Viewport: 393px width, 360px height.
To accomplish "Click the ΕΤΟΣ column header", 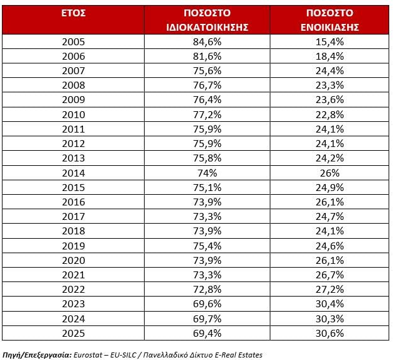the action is [x=74, y=13].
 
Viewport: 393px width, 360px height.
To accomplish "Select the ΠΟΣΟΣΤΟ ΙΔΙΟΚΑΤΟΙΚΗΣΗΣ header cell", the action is [x=208, y=20].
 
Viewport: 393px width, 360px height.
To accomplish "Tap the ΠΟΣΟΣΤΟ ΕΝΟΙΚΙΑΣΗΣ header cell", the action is [x=329, y=20].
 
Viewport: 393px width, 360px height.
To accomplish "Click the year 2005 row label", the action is [x=74, y=42].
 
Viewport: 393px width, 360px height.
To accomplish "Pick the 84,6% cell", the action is [x=208, y=42].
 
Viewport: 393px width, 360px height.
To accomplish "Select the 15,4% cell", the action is [x=329, y=42].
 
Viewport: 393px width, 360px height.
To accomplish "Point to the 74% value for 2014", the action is [x=208, y=173].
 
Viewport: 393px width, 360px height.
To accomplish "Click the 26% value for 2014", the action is [x=329, y=173].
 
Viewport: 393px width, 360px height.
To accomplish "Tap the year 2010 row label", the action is [x=74, y=114].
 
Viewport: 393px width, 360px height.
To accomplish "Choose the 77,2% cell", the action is [x=208, y=114].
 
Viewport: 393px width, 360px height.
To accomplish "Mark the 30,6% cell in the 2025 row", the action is [x=329, y=333].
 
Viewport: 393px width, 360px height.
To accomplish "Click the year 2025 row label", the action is [x=74, y=333].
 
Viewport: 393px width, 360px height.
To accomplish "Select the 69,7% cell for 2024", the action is [x=208, y=319].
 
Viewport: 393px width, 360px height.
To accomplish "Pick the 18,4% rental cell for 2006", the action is [x=329, y=57].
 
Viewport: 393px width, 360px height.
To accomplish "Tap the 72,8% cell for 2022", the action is [x=208, y=290].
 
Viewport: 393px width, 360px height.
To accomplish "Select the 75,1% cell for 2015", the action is [x=208, y=187].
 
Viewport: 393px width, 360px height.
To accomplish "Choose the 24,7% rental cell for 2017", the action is [x=329, y=217].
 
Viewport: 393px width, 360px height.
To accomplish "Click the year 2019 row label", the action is [x=74, y=246].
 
